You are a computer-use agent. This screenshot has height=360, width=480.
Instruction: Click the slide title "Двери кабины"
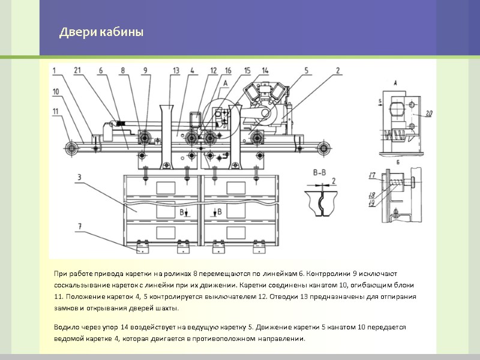[x=101, y=32]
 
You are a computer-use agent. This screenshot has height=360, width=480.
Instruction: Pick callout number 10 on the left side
[x=56, y=92]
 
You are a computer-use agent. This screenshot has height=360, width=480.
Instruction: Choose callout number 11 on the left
[x=56, y=111]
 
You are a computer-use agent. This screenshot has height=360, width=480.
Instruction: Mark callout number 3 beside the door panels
[x=79, y=178]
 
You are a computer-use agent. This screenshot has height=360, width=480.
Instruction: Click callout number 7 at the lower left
[x=79, y=226]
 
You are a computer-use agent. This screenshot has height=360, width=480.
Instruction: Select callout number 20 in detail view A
[x=427, y=113]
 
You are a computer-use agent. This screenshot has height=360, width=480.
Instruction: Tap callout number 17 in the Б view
[x=372, y=175]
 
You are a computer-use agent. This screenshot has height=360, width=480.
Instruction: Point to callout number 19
[x=372, y=203]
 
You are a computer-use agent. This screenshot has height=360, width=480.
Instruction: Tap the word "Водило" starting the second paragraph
[x=65, y=328]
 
